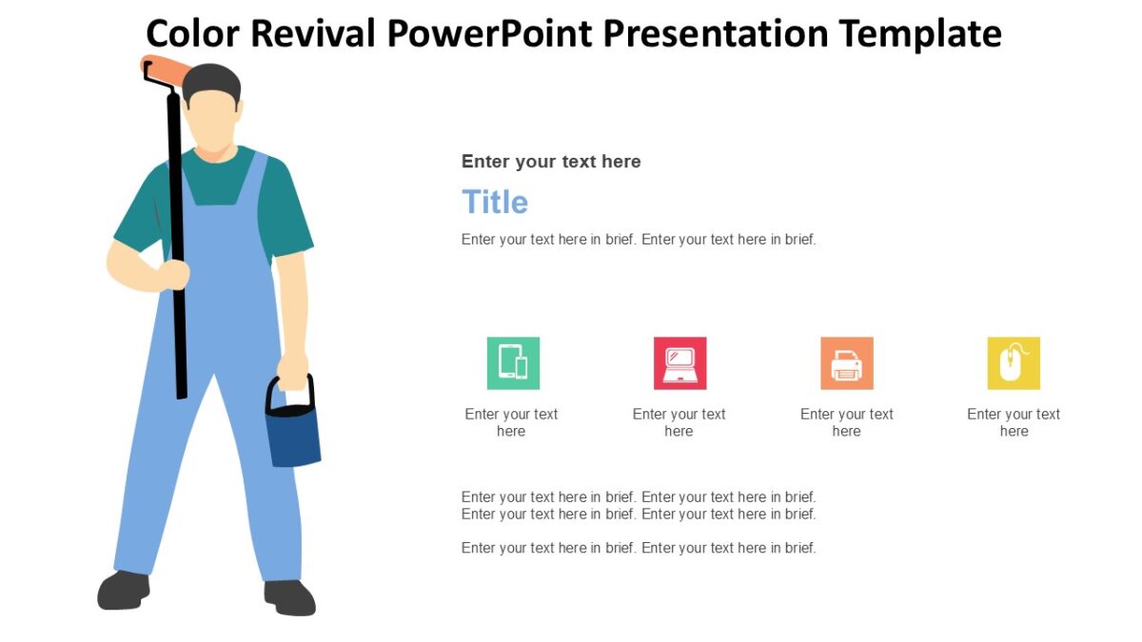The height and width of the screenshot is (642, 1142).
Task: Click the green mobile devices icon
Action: (513, 363)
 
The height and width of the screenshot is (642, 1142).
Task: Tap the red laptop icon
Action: (679, 363)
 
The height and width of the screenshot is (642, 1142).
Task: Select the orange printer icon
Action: (846, 363)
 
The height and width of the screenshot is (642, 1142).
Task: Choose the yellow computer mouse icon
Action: (1014, 363)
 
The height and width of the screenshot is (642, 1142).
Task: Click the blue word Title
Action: (495, 203)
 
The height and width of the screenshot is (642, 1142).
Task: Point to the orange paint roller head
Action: (167, 70)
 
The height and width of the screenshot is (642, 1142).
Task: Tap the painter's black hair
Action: (211, 82)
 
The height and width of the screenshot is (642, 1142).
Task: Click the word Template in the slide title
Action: (919, 33)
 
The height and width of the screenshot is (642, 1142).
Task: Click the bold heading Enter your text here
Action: (551, 162)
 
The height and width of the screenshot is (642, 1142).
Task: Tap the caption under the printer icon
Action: (846, 422)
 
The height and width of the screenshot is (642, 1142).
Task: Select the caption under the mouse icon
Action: (1014, 422)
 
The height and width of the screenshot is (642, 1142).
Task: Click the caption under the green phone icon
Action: (511, 422)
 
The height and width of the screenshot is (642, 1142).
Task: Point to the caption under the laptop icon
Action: (679, 422)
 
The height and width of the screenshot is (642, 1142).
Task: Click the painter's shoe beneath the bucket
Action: (290, 597)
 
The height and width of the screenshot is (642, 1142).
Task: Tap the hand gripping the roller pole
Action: (174, 274)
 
